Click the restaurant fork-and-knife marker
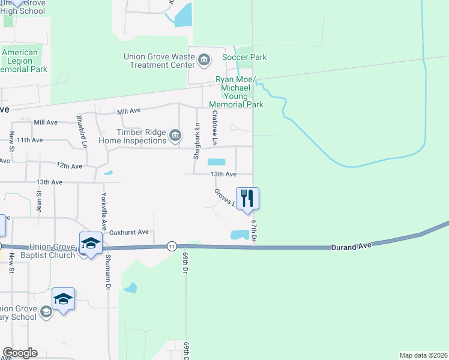click(x=247, y=198)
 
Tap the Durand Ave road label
click(x=350, y=245)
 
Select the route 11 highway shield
click(x=172, y=245)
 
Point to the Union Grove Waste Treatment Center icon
click(x=203, y=59)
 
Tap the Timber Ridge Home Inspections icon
click(x=175, y=136)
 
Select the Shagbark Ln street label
click(x=196, y=140)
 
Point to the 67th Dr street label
click(x=254, y=231)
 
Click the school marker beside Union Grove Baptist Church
click(x=90, y=243)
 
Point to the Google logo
click(x=20, y=353)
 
